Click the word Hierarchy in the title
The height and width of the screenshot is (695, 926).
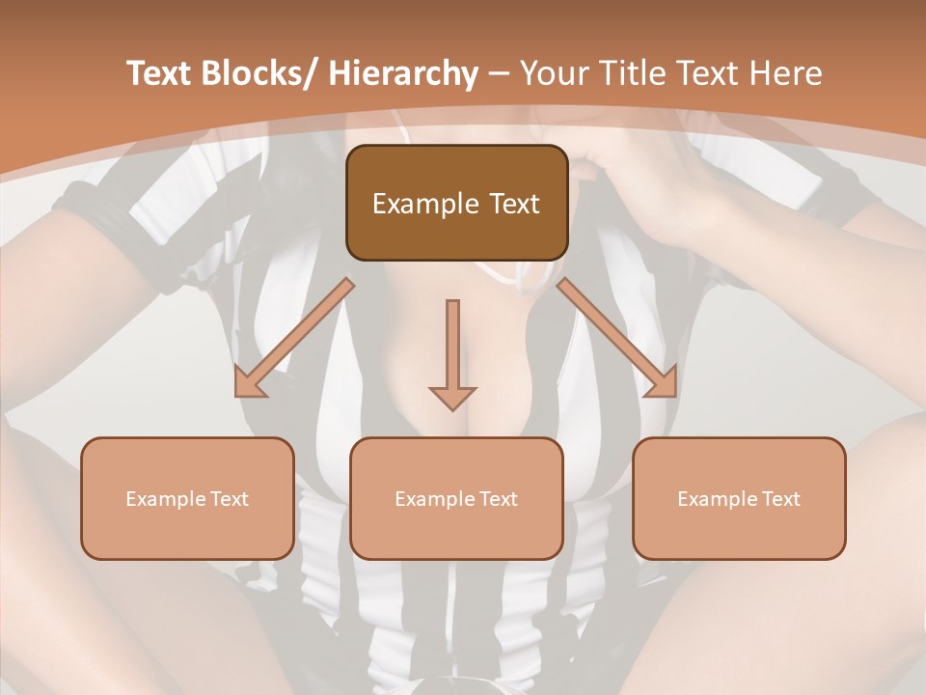[x=403, y=73]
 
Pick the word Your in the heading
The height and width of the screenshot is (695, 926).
[x=555, y=73]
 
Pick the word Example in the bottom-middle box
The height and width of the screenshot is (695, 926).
[x=432, y=499]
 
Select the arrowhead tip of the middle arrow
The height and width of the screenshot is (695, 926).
[x=452, y=408]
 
